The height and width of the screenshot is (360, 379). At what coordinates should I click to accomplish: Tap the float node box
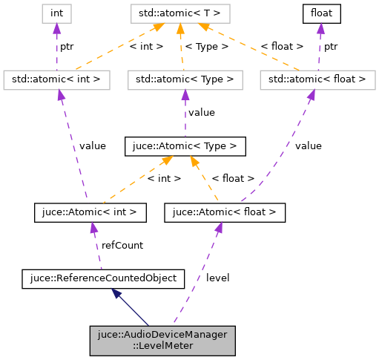click(320, 13)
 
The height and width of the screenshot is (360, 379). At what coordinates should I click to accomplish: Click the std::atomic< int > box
click(56, 79)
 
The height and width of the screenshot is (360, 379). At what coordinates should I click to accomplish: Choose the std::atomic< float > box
click(317, 79)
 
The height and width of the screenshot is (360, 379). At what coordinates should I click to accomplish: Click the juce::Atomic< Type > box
click(185, 146)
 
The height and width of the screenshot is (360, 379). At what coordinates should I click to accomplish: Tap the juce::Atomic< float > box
click(224, 212)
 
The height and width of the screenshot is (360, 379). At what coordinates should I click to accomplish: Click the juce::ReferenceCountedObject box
click(102, 278)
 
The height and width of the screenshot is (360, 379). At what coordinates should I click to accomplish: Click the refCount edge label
click(122, 245)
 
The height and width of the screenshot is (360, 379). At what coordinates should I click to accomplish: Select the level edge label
click(217, 278)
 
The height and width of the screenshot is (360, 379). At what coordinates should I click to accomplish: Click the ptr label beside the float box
click(331, 45)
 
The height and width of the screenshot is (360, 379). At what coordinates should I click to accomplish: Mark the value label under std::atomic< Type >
click(201, 112)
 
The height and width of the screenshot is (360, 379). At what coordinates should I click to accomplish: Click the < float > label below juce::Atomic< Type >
click(233, 178)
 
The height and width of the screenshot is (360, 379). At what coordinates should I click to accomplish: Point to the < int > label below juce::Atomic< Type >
click(164, 178)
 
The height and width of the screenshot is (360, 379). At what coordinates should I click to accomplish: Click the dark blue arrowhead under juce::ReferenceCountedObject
click(117, 295)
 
